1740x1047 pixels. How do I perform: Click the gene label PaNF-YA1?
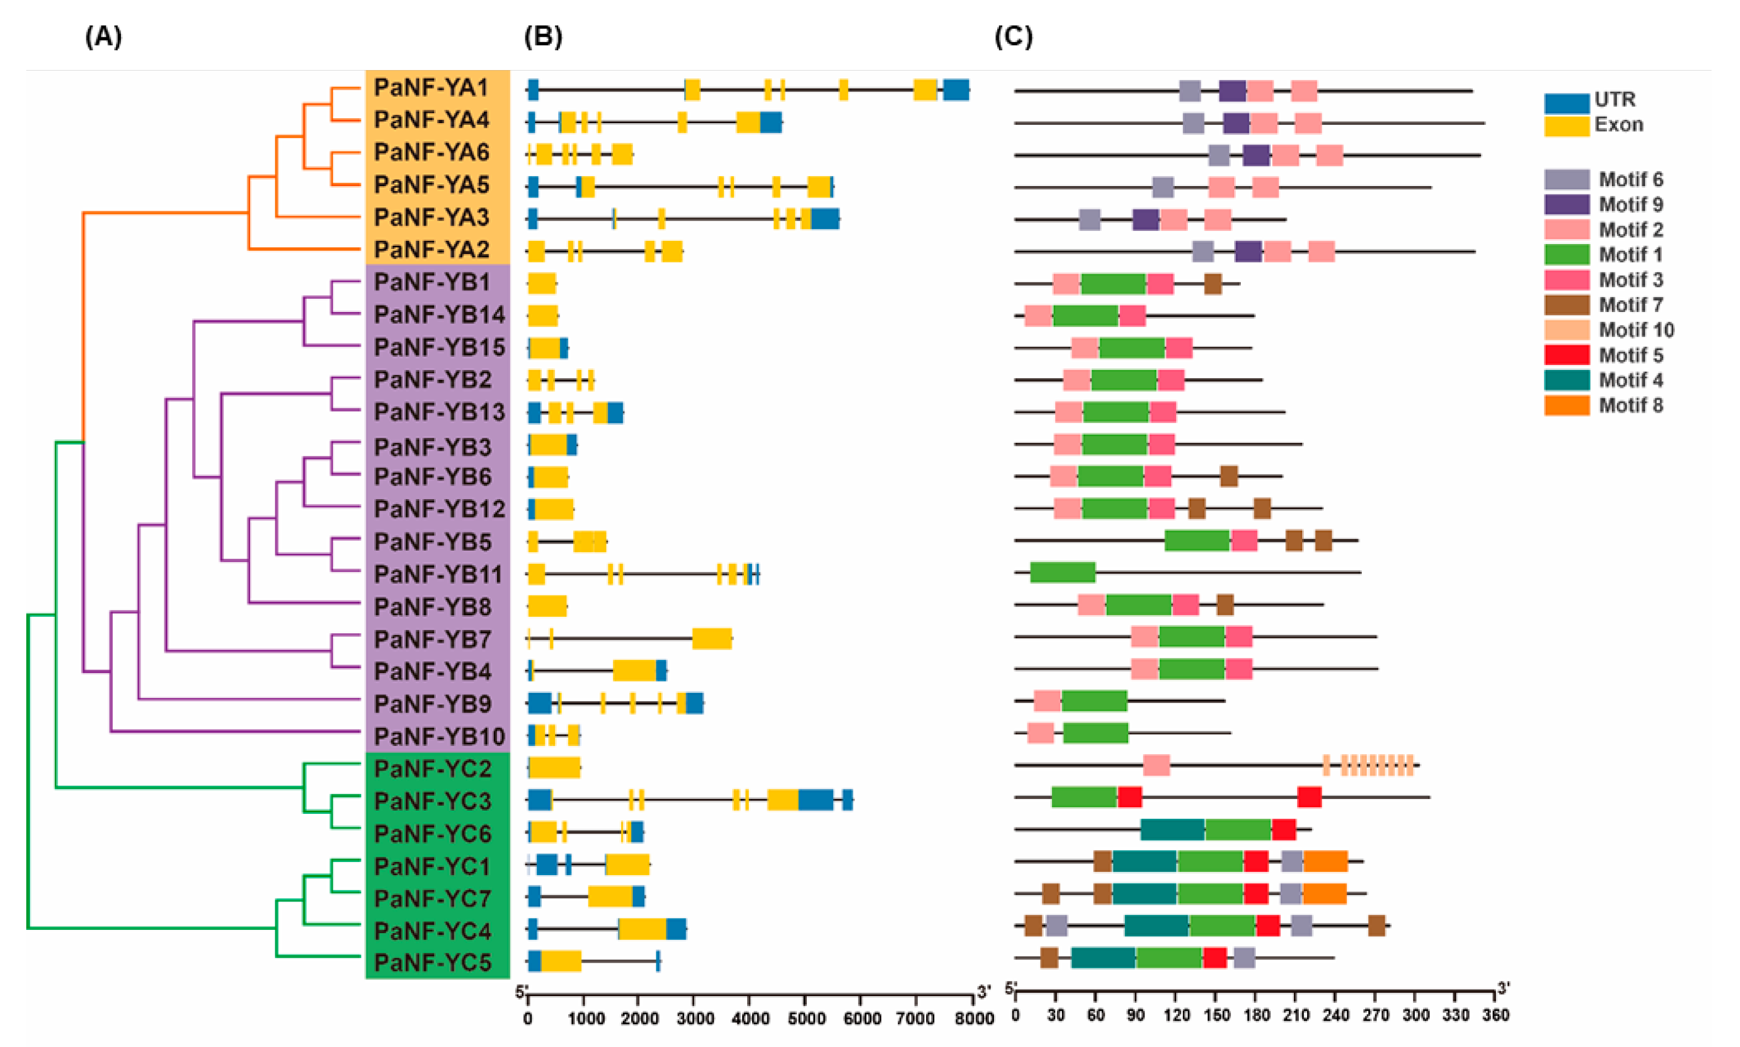point(431,88)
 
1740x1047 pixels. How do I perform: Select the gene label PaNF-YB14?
point(439,315)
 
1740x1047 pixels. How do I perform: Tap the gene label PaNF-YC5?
point(432,962)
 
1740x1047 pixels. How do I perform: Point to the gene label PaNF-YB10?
point(439,737)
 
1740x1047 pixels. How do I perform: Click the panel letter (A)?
point(103,36)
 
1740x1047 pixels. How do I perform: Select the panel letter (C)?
point(1013,36)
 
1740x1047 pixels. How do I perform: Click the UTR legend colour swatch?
point(1566,103)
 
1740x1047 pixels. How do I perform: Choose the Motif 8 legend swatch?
point(1566,405)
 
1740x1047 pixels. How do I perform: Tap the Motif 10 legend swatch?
point(1566,329)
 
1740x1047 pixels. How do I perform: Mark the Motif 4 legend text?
point(1630,380)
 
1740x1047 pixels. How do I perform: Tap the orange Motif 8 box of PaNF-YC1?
point(1325,861)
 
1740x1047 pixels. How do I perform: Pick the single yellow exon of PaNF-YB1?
point(542,283)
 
